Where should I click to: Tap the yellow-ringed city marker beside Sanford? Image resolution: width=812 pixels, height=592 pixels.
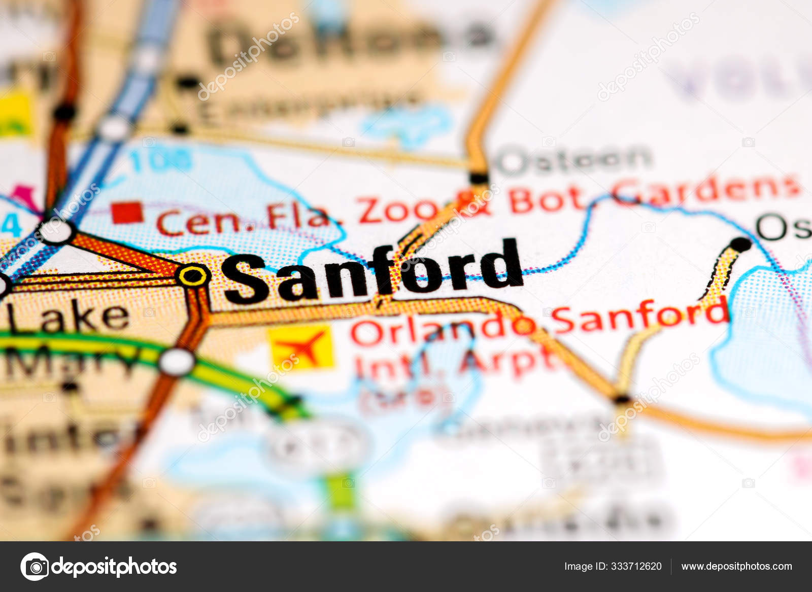coord(193,276)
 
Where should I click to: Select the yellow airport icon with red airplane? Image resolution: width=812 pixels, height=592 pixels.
coord(301,347)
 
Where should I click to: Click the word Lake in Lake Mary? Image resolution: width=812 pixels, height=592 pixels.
coord(69,317)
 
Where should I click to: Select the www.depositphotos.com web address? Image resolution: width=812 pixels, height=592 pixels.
coord(736,566)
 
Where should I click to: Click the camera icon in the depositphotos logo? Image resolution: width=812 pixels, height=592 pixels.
coord(35,566)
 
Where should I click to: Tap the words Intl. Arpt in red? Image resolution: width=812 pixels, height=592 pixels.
coord(452,362)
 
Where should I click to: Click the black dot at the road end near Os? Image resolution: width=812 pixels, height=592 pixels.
coord(741,244)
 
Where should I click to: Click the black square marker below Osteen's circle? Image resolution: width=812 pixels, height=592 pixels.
coord(479,178)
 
